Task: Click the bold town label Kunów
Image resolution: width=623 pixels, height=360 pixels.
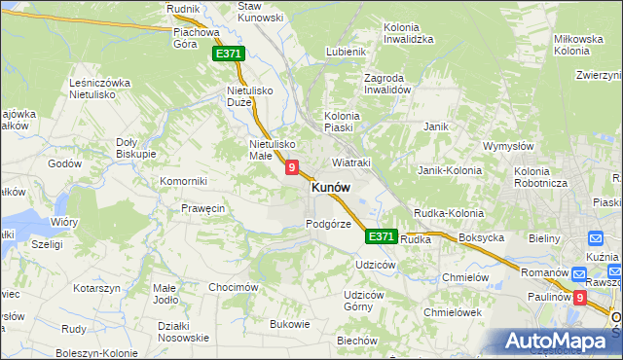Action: (331, 188)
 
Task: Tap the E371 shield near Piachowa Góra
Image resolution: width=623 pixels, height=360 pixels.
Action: (228, 54)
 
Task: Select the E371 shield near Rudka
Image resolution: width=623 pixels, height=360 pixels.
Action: (381, 236)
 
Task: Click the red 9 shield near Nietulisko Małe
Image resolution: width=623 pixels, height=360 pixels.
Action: (291, 168)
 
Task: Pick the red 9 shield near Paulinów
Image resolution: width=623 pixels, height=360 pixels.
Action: (580, 299)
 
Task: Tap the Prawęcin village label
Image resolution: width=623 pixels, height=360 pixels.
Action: (203, 208)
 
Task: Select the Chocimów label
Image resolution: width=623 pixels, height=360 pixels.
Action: (234, 287)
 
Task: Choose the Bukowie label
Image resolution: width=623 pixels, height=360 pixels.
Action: (289, 324)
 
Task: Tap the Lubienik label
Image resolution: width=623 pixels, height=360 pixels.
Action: (347, 52)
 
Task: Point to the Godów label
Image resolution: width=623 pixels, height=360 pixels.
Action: (64, 163)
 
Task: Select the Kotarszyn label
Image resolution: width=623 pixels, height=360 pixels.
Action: (95, 288)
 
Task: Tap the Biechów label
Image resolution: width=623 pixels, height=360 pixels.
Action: (356, 341)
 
